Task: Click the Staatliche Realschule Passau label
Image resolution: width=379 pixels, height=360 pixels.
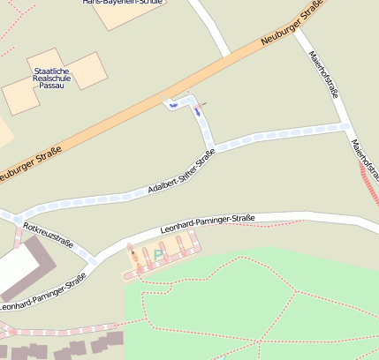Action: [x=55, y=78]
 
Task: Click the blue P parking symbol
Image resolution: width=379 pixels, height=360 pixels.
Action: [x=158, y=255]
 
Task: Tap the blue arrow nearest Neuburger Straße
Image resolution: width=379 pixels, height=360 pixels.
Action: [x=173, y=105]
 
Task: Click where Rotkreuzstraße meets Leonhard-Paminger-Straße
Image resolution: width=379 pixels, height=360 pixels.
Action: [x=94, y=260]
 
